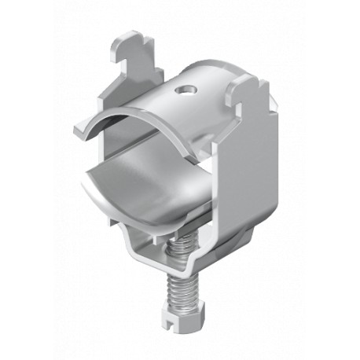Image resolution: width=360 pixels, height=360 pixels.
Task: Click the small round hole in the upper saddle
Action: click(184, 93)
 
